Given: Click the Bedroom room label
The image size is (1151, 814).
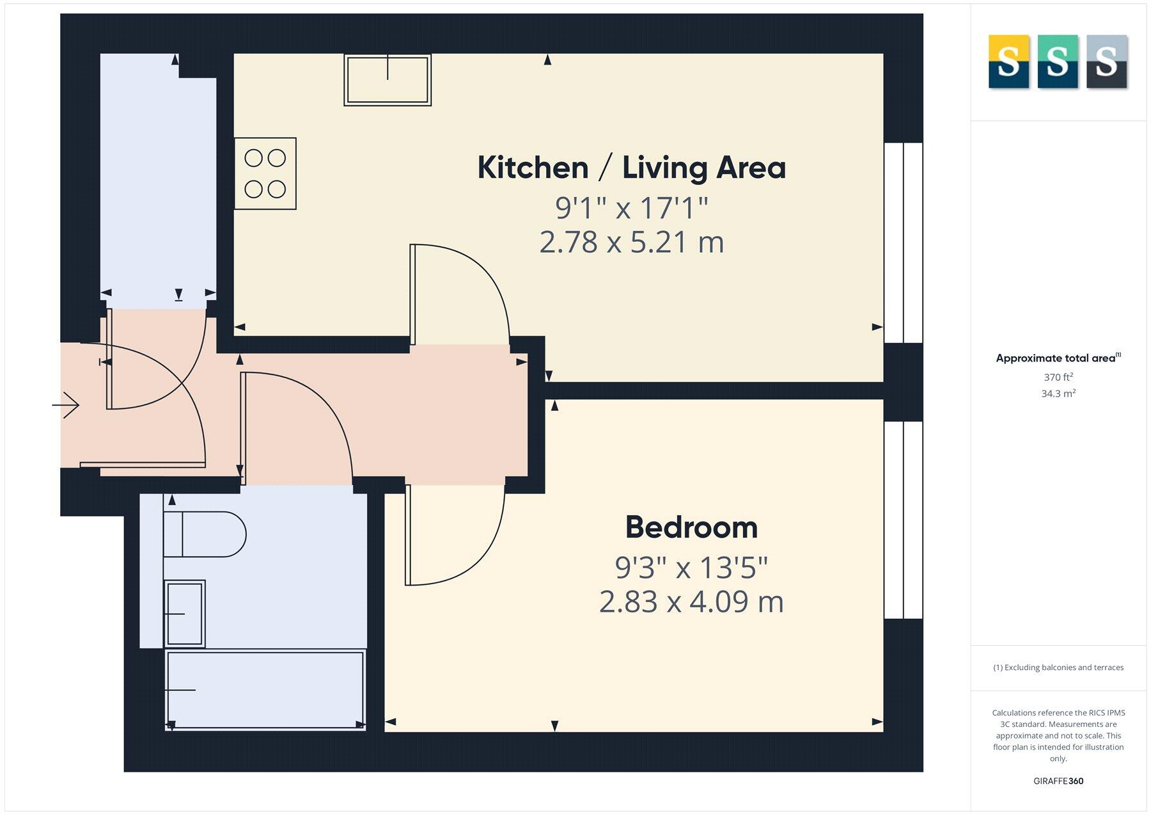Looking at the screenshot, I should pyautogui.click(x=691, y=527).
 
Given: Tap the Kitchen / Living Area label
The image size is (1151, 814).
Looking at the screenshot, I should pyautogui.click(x=631, y=168).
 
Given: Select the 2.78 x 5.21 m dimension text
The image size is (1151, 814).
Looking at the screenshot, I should pyautogui.click(x=631, y=243).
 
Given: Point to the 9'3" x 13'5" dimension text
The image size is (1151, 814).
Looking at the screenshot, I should pyautogui.click(x=691, y=567).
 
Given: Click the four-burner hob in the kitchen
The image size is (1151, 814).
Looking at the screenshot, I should pyautogui.click(x=265, y=173).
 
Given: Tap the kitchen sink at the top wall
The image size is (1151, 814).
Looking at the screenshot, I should pyautogui.click(x=388, y=79).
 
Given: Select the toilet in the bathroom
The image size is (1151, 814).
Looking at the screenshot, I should pyautogui.click(x=205, y=534).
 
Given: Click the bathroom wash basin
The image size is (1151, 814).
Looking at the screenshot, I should pyautogui.click(x=185, y=614).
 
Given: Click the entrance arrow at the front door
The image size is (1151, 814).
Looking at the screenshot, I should pyautogui.click(x=66, y=405).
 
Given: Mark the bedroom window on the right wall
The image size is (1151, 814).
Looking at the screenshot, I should pyautogui.click(x=903, y=520).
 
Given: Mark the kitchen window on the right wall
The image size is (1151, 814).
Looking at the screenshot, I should pyautogui.click(x=903, y=243).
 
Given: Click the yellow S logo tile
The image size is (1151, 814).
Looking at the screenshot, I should pyautogui.click(x=1008, y=61).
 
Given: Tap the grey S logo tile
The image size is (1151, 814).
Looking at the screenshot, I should pyautogui.click(x=1106, y=61).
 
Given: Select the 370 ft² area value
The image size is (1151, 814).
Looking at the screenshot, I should pyautogui.click(x=1058, y=378).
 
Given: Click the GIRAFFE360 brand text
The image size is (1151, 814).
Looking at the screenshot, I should pyautogui.click(x=1058, y=781).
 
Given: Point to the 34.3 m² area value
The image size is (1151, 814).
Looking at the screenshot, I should pyautogui.click(x=1058, y=394).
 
